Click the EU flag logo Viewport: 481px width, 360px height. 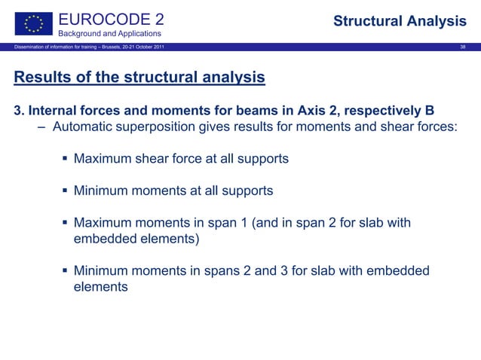[35, 22]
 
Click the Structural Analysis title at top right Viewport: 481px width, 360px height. [400, 21]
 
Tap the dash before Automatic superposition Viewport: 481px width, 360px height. [43, 127]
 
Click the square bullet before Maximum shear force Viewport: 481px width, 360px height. [65, 160]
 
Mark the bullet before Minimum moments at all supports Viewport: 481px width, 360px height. [65, 191]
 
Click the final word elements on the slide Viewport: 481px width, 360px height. [101, 287]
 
